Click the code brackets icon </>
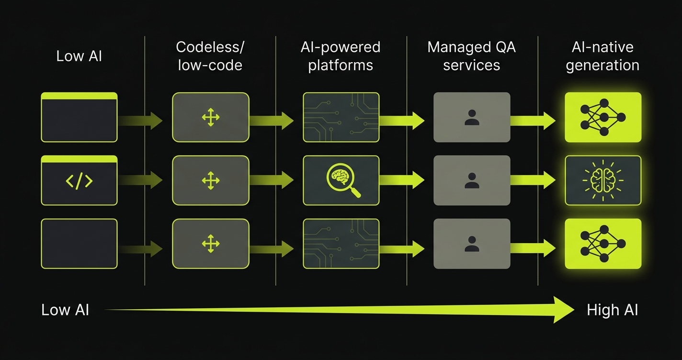click(79, 181)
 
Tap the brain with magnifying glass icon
click(341, 180)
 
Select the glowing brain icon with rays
click(602, 180)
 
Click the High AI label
click(612, 310)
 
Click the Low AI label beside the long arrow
click(65, 310)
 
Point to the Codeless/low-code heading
click(210, 56)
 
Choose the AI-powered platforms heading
click(341, 56)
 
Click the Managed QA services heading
click(471, 56)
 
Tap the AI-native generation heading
click(602, 56)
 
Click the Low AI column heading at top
click(79, 56)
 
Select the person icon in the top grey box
click(472, 118)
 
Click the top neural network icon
click(602, 117)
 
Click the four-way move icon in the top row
click(211, 118)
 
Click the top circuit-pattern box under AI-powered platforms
click(341, 117)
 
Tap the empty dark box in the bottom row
click(79, 244)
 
